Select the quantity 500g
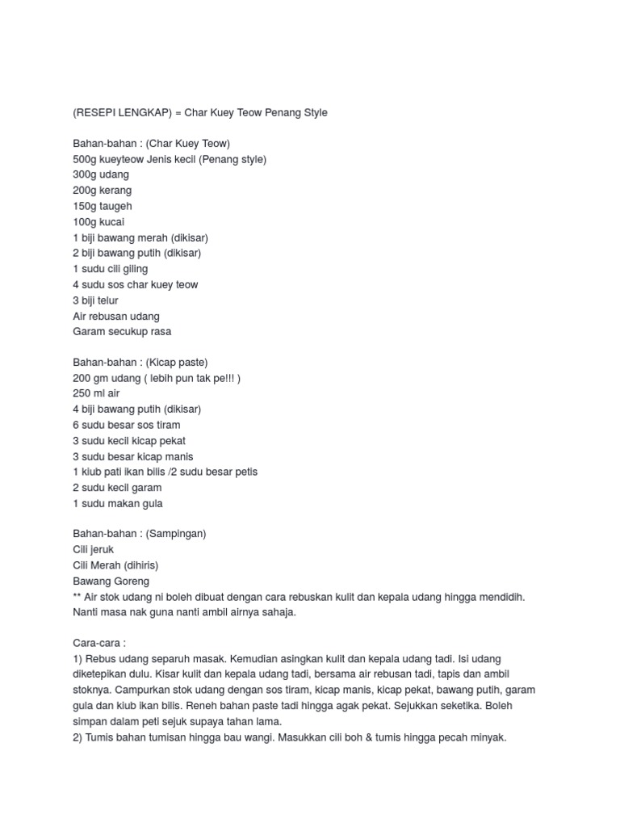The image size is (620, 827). [85, 159]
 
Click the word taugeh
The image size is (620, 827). [116, 206]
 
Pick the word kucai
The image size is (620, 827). [112, 222]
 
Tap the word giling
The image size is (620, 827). [133, 269]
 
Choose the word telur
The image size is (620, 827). [107, 300]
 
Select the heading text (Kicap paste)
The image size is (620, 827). [177, 363]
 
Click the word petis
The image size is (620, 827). [245, 472]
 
